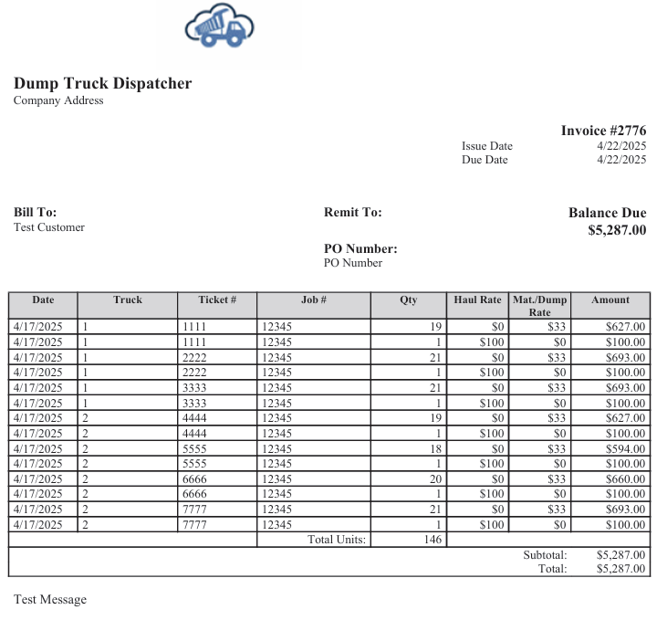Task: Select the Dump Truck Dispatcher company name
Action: pyautogui.click(x=102, y=83)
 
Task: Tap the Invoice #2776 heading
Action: pyautogui.click(x=603, y=131)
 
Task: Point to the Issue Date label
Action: pyautogui.click(x=486, y=146)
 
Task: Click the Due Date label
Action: pyautogui.click(x=485, y=160)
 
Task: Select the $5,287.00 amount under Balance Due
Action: pyautogui.click(x=617, y=230)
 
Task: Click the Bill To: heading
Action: pyautogui.click(x=35, y=212)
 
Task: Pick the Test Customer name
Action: pyautogui.click(x=48, y=227)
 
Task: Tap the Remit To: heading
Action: pyautogui.click(x=352, y=212)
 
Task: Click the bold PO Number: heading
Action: pyautogui.click(x=360, y=248)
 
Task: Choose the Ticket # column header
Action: pyautogui.click(x=217, y=299)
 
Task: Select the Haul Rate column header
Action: pyautogui.click(x=477, y=299)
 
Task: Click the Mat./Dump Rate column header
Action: pyautogui.click(x=539, y=305)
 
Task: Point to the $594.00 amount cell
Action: pyautogui.click(x=625, y=448)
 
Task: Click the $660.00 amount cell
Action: pyautogui.click(x=625, y=478)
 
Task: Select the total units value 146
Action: pyautogui.click(x=433, y=540)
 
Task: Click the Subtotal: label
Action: pyautogui.click(x=545, y=554)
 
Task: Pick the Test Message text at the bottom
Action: pyautogui.click(x=50, y=599)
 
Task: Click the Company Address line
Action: pyautogui.click(x=58, y=100)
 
